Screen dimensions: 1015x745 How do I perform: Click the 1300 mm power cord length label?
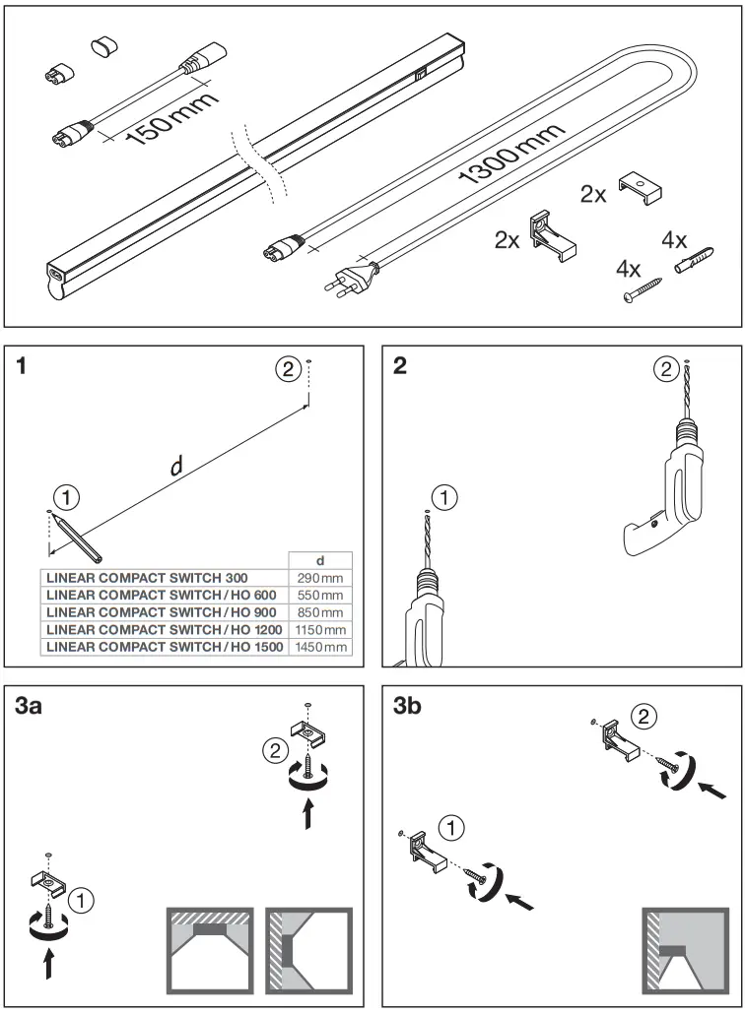pyautogui.click(x=512, y=156)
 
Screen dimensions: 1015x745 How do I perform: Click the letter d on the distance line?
pyautogui.click(x=176, y=466)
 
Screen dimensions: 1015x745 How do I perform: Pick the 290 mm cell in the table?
pyautogui.click(x=319, y=578)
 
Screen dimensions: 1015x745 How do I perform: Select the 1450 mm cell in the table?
pyautogui.click(x=319, y=647)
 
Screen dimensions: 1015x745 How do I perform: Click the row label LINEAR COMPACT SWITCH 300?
pyautogui.click(x=148, y=578)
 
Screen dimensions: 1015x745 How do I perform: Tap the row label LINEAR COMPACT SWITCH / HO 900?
pyautogui.click(x=163, y=612)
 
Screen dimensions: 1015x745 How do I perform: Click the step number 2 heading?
pyautogui.click(x=399, y=367)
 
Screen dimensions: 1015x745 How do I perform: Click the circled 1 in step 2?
pyautogui.click(x=445, y=498)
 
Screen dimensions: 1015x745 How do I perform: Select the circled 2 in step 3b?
pyautogui.click(x=643, y=717)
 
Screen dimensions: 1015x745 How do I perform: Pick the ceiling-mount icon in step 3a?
pyautogui.click(x=208, y=951)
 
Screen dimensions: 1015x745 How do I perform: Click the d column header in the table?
pyautogui.click(x=318, y=560)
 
